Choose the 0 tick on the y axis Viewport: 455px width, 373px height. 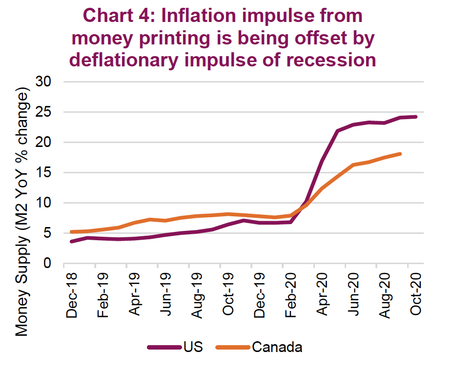click(47, 264)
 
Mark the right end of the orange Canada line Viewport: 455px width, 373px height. click(400, 154)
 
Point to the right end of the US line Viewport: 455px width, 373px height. click(416, 117)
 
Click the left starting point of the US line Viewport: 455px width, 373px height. click(72, 241)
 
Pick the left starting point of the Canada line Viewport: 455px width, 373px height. click(72, 232)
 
